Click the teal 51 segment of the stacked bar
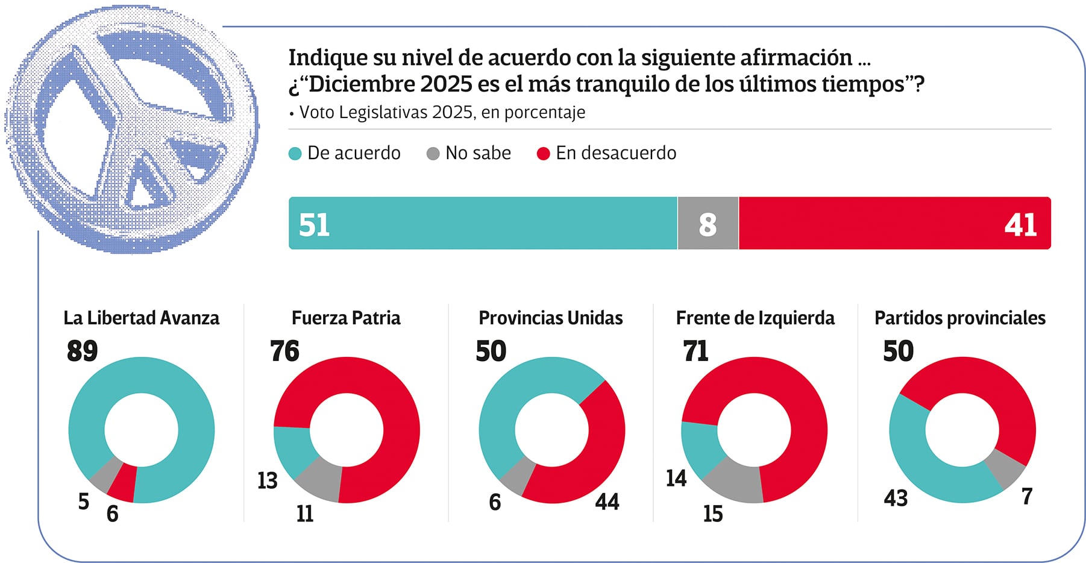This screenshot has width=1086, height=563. click(482, 223)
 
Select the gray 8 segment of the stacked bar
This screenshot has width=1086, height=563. click(708, 224)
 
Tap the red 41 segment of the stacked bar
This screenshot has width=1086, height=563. click(894, 223)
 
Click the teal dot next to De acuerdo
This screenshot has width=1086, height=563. click(295, 154)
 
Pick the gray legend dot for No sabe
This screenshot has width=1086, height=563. click(433, 154)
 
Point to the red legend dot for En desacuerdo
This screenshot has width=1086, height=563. click(543, 154)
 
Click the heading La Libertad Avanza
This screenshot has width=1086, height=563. click(142, 318)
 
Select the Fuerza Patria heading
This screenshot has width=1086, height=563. click(346, 318)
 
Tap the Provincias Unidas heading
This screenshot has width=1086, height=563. click(551, 318)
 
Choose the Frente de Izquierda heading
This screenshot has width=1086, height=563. click(755, 318)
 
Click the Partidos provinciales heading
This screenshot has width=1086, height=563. click(960, 318)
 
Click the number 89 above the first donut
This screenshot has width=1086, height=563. click(82, 351)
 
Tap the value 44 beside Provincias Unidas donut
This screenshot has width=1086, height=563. click(607, 502)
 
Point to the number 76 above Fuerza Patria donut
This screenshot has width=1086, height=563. click(284, 351)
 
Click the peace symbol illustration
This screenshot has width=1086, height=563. click(133, 130)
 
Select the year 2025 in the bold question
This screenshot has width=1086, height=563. click(446, 84)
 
